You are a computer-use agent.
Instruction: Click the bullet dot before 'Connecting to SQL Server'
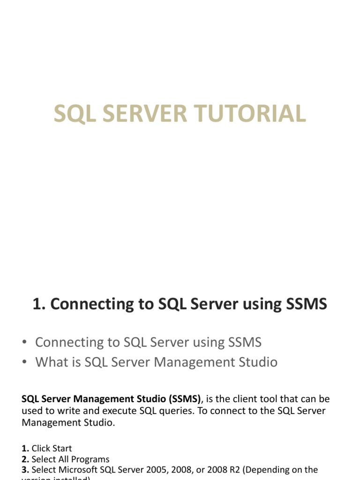click(x=24, y=343)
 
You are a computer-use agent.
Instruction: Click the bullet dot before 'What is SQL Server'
click(x=24, y=362)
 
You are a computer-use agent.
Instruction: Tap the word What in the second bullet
click(x=50, y=362)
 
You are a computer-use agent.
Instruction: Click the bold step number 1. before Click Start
click(x=25, y=448)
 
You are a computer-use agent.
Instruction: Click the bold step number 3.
click(x=25, y=470)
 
